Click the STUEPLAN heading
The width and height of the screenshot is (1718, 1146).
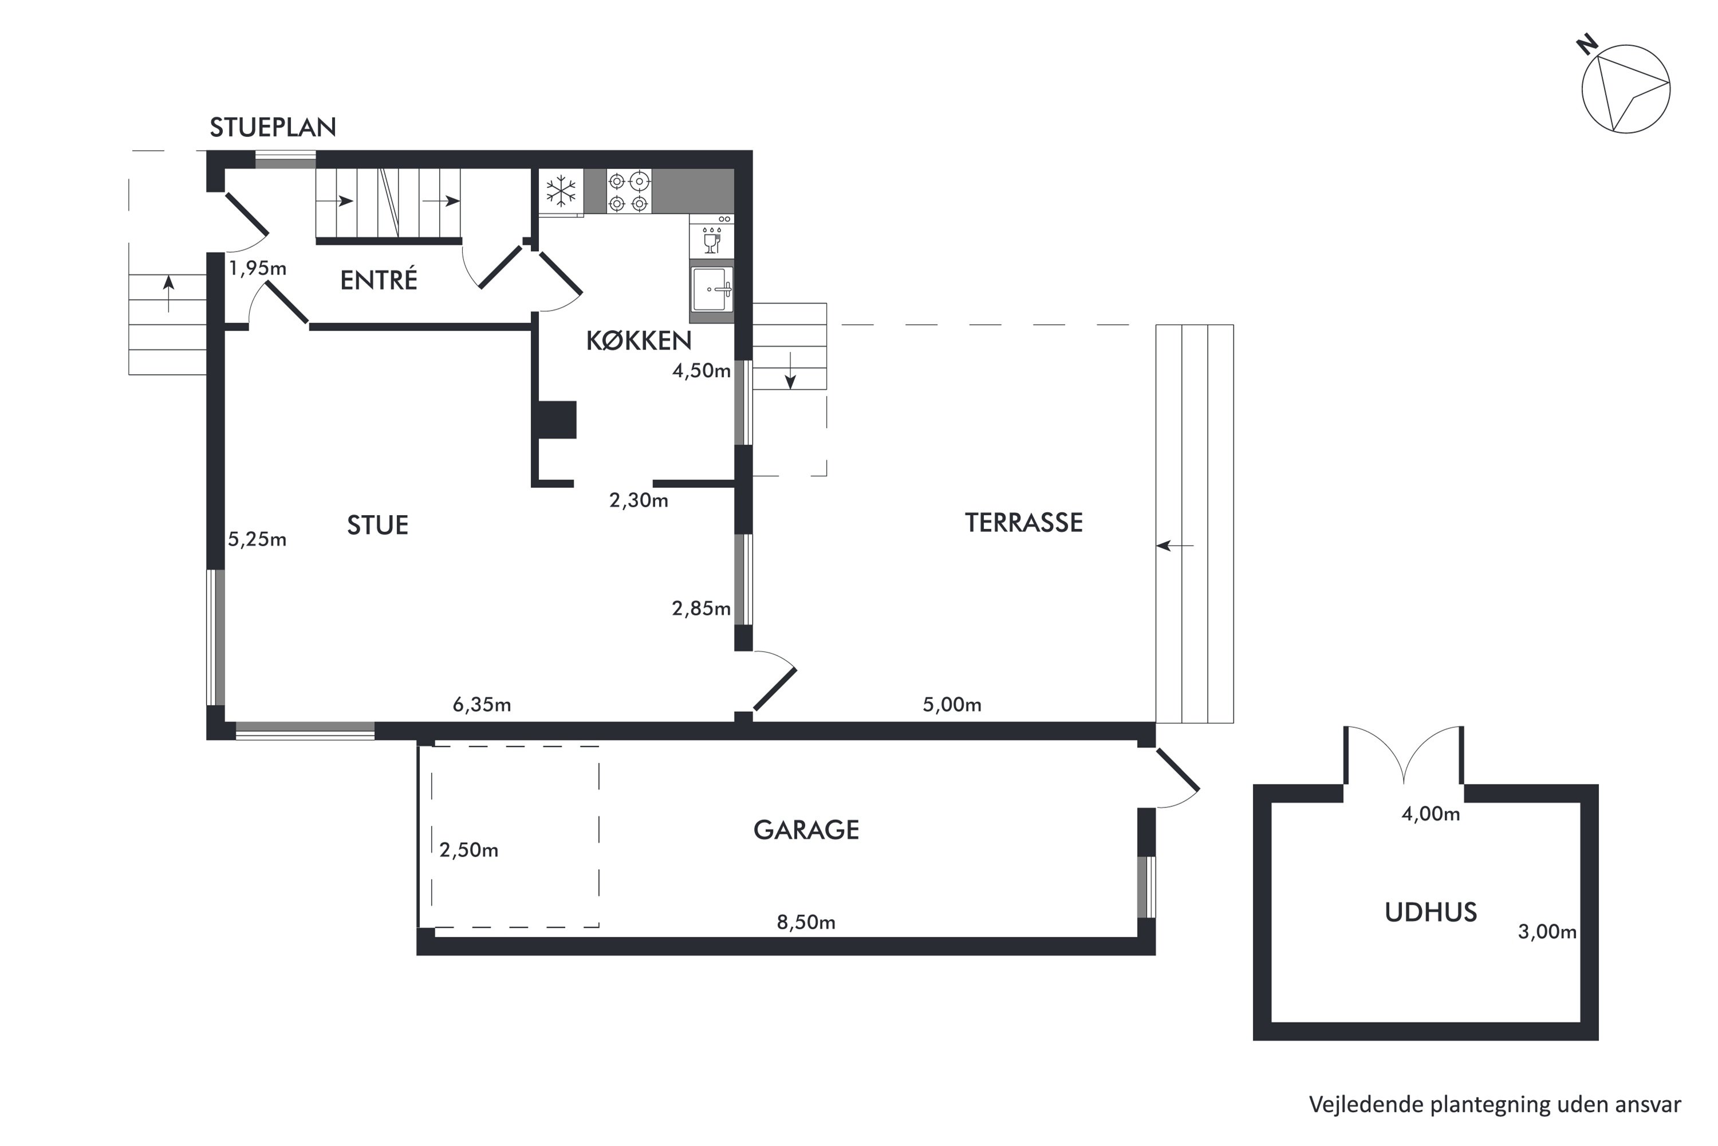(273, 128)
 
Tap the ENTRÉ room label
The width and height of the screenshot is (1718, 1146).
(379, 280)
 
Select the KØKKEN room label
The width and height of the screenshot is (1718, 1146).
(639, 340)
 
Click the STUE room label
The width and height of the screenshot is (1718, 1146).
(377, 525)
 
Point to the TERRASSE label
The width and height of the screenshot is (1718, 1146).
(1023, 523)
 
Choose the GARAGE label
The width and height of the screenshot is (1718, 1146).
(806, 830)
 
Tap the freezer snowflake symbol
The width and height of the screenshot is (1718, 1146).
(561, 191)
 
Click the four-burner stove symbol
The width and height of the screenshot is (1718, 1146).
(628, 191)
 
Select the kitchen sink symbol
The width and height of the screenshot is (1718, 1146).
(711, 289)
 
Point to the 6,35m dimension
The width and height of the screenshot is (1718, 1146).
(482, 705)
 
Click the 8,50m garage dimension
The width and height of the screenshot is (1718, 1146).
(806, 923)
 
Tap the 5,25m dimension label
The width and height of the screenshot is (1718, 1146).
(257, 539)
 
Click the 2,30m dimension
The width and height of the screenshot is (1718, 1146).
(639, 500)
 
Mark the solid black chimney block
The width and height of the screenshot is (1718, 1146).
(557, 419)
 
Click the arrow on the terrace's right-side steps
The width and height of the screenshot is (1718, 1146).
(1175, 545)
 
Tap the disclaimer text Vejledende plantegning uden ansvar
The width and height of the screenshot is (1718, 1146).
(1495, 1104)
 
